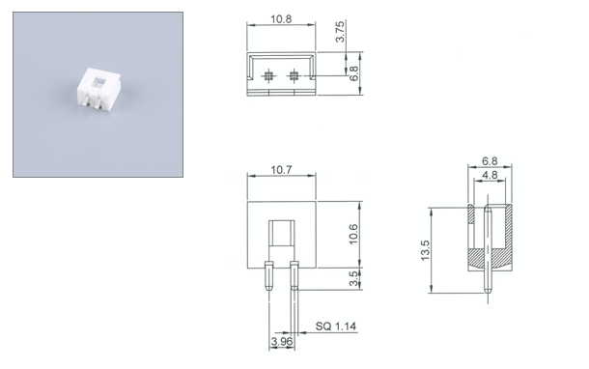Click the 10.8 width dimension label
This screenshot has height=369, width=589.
(281, 19)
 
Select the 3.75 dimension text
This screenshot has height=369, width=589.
(340, 32)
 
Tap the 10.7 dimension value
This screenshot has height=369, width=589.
(281, 170)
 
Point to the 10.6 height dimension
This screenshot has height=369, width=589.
(353, 234)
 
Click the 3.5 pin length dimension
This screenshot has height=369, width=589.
(353, 279)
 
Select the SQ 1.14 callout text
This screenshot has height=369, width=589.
(335, 326)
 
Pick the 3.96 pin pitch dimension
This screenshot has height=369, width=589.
(281, 342)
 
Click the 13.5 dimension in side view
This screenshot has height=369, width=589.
(425, 250)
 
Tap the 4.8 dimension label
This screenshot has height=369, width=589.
(490, 175)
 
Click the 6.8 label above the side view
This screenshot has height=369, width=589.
(490, 161)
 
